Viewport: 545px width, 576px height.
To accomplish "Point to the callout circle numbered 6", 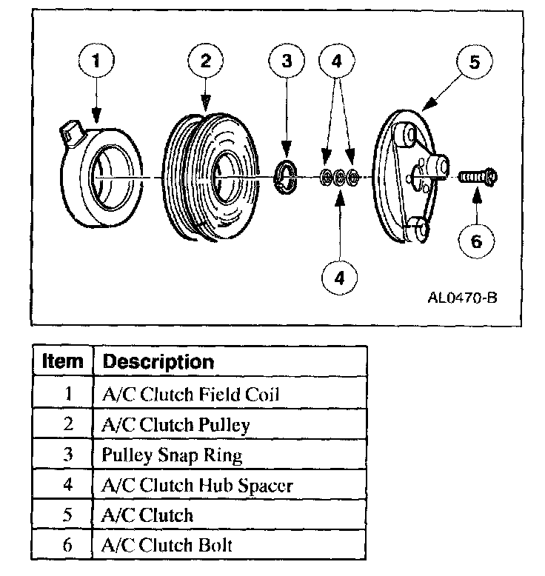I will (477, 241).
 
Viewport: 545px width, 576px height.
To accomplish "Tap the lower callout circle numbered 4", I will (340, 278).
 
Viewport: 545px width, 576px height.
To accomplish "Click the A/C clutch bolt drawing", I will (478, 178).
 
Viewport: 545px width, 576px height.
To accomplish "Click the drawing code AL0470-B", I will (462, 300).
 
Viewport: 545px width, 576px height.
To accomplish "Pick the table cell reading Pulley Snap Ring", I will (173, 455).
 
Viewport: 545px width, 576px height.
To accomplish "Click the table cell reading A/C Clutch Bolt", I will (167, 546).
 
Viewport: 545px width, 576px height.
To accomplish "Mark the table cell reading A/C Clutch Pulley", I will (176, 424).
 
